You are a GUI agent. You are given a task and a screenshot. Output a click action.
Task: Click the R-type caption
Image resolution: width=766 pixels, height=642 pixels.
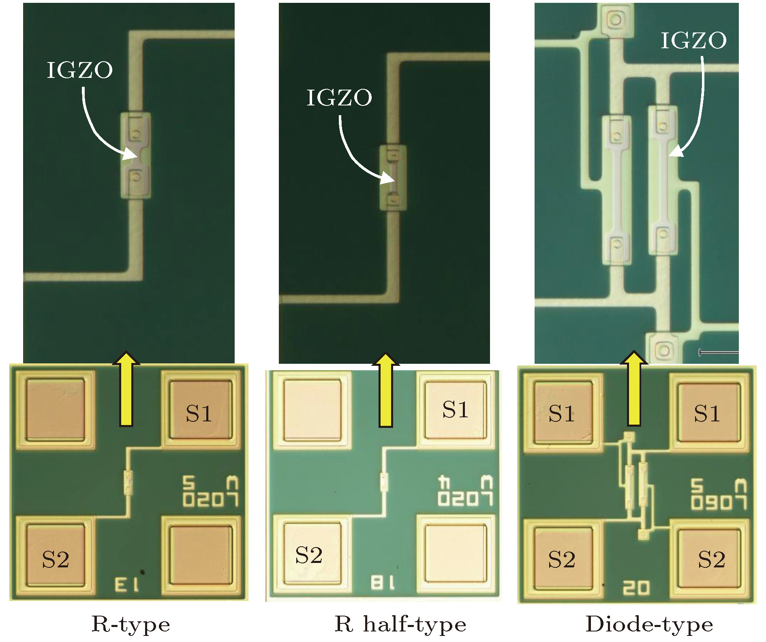coord(131,625)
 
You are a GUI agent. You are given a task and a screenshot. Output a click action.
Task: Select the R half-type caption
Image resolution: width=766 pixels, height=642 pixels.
coord(400,625)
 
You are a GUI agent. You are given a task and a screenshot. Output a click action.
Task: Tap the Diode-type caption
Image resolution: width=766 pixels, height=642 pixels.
coord(649,625)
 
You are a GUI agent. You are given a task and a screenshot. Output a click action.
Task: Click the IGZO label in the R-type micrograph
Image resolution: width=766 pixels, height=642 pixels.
coord(80,70)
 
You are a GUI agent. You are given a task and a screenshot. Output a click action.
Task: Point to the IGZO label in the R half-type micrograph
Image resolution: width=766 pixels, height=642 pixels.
coord(339,98)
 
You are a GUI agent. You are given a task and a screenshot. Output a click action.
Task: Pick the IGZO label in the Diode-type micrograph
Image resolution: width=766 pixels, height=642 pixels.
coord(693,41)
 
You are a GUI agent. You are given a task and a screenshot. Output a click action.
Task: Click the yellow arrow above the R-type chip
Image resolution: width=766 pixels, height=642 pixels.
coord(126,389)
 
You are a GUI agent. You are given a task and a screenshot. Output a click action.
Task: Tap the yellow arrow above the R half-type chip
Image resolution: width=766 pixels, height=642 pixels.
coord(385,390)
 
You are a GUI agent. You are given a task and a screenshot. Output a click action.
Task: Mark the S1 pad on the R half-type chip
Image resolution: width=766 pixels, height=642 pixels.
coord(455,409)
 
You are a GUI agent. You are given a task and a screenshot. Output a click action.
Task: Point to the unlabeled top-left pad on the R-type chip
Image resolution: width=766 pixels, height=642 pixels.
coord(56,410)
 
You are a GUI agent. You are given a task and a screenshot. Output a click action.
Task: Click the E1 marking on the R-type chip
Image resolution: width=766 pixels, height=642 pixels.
coord(127,585)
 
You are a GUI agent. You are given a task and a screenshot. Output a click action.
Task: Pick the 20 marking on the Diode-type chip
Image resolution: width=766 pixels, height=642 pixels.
coord(636,588)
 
